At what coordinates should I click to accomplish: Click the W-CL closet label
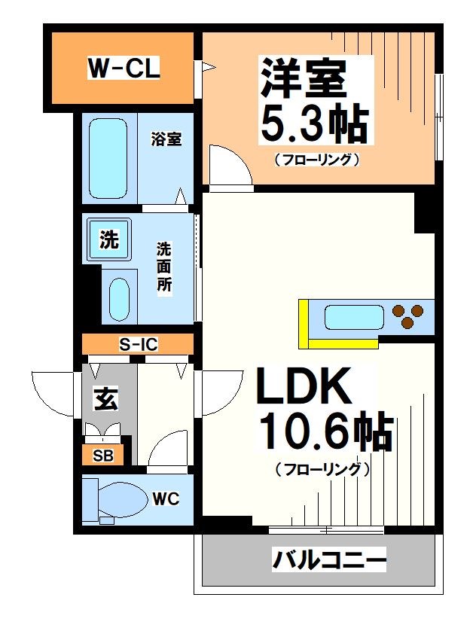(123, 70)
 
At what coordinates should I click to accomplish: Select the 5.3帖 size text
(313, 124)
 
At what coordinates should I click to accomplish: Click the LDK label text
(305, 389)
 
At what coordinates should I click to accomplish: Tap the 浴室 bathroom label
(166, 139)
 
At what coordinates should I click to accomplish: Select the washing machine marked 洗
(109, 240)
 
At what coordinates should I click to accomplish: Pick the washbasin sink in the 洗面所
(119, 299)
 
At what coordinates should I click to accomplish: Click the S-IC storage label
(139, 345)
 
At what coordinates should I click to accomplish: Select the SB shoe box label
(103, 456)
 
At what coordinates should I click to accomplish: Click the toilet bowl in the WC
(121, 498)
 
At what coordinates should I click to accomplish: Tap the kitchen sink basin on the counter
(352, 316)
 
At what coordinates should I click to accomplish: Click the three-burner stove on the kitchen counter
(407, 316)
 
